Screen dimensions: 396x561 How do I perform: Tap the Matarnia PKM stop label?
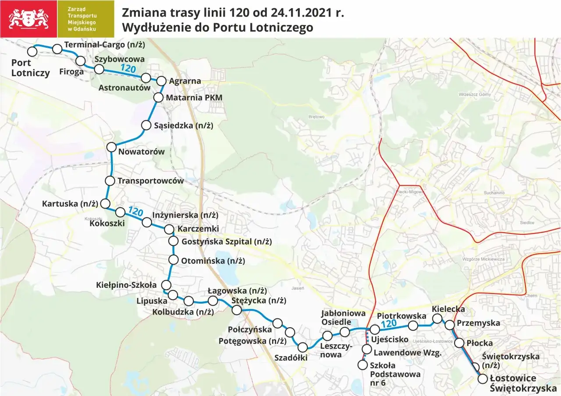click(x=194, y=97)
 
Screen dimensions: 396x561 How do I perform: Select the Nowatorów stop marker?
click(x=112, y=147)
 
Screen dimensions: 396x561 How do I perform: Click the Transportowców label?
click(x=151, y=180)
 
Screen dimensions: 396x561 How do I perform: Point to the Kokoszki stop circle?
click(x=120, y=212)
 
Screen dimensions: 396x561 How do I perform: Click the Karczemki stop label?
click(x=198, y=229)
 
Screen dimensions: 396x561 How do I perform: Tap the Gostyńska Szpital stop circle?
click(x=174, y=241)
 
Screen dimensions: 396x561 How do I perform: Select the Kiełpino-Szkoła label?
click(x=126, y=285)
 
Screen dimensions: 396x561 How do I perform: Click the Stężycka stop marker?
click(x=236, y=310)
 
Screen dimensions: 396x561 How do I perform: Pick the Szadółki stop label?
click(x=291, y=357)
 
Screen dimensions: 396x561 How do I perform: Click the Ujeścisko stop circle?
click(x=374, y=329)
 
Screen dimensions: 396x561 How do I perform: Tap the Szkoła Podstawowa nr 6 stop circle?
click(x=362, y=364)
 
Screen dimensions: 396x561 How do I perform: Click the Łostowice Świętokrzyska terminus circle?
click(x=483, y=379)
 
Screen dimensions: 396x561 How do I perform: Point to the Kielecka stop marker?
click(x=437, y=318)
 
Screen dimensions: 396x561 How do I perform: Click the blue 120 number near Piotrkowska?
click(x=389, y=324)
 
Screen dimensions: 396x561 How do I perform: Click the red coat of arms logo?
click(x=28, y=19)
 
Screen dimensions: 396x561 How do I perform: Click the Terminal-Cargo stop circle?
click(x=57, y=49)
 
